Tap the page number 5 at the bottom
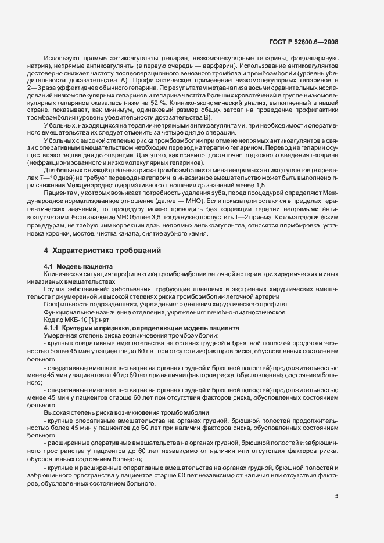click(x=337, y=496)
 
